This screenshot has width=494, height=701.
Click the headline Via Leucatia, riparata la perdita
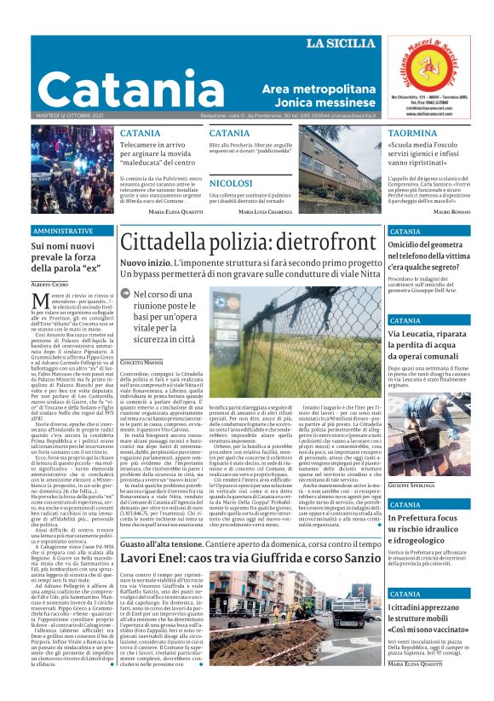[426, 341]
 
